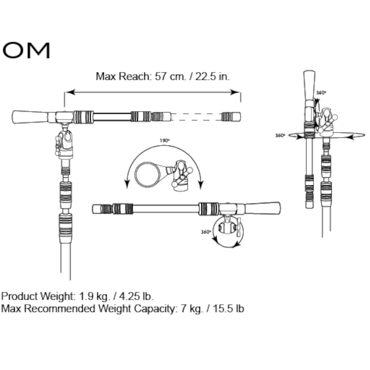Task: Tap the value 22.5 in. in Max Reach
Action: point(212,76)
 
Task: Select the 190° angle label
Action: point(164,140)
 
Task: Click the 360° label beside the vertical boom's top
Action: point(321,92)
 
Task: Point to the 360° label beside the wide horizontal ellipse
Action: point(280,135)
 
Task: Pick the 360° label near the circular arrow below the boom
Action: point(206,232)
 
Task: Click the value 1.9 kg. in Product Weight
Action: point(94,296)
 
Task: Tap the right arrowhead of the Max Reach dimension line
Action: point(236,92)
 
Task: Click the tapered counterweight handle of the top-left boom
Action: point(30,117)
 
